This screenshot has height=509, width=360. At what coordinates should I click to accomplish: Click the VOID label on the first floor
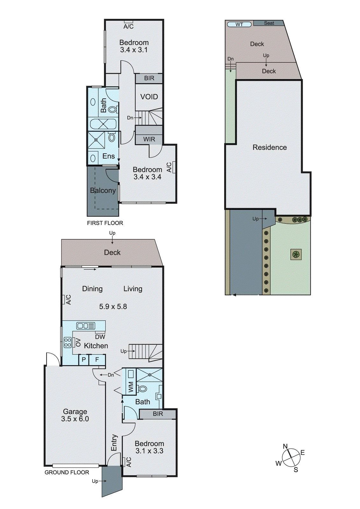149,97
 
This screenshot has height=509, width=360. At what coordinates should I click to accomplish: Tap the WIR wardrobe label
149,139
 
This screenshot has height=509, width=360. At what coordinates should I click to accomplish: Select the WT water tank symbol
239,24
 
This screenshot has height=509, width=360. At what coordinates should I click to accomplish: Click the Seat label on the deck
269,23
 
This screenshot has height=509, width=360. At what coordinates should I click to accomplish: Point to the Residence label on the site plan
270,147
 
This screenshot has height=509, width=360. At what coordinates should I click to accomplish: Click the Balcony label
103,190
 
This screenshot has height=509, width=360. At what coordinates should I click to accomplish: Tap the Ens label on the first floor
109,156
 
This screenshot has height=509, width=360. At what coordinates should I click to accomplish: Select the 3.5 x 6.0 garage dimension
75,419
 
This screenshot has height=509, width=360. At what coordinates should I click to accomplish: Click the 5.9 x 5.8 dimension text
113,306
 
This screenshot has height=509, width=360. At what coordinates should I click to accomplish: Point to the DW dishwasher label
100,337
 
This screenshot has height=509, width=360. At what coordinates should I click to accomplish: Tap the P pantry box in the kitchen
84,360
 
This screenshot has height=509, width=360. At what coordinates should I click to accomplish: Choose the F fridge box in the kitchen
97,360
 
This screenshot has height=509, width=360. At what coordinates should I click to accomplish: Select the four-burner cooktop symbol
67,343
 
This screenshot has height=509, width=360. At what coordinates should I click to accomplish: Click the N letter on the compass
285,446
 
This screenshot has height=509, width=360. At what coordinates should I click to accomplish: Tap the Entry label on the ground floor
114,443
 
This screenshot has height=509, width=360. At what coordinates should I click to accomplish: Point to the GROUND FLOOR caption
67,472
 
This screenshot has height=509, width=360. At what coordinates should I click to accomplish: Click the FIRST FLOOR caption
105,223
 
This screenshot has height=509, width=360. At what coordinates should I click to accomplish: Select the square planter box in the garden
296,254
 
